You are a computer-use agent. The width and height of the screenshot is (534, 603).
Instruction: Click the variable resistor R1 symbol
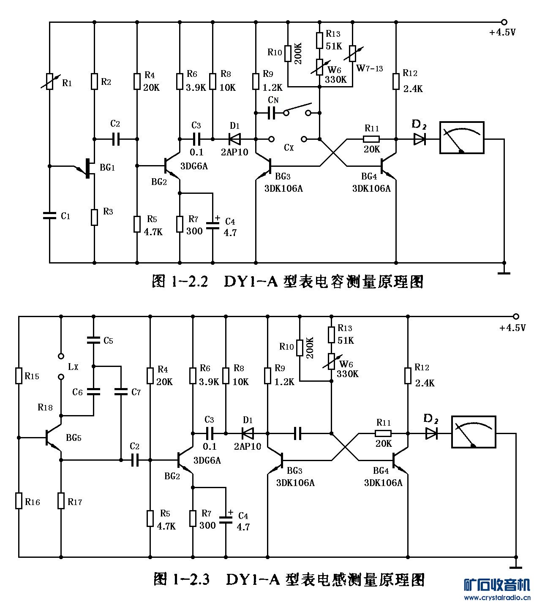coord(50,81)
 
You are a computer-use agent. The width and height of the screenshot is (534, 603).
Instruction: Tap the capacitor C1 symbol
coord(50,215)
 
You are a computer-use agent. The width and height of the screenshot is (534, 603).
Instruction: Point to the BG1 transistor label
coord(107,168)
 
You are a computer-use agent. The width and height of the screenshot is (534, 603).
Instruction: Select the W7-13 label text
coord(370,68)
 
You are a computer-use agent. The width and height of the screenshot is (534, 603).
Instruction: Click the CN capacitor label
coord(273,100)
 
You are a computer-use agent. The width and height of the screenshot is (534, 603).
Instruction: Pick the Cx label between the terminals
coord(289,147)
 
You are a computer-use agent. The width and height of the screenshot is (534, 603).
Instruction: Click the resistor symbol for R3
coord(94,216)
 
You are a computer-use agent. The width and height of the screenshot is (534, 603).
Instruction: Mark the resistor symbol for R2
coord(94,81)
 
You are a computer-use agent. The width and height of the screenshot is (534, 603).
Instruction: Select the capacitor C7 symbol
coord(121,392)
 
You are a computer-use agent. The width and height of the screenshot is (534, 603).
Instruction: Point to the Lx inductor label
coord(73,367)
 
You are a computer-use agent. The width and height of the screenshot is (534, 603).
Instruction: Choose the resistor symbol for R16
coord(19,500)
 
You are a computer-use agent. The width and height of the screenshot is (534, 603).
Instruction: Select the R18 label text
coord(45,407)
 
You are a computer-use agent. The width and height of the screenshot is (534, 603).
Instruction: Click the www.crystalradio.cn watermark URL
coord(497,598)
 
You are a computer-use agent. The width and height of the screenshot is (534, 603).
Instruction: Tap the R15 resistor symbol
coord(19,375)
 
